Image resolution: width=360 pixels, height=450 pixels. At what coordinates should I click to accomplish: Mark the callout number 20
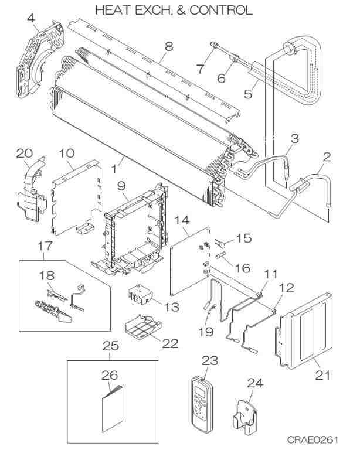tap(23, 153)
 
